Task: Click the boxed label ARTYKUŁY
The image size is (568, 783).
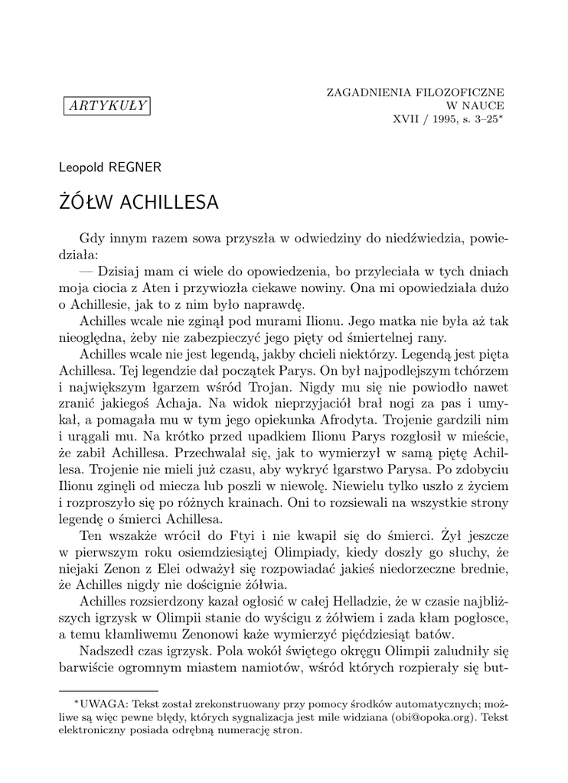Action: pos(107,106)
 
